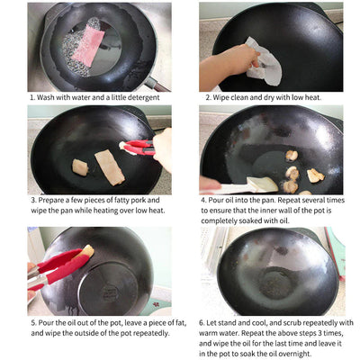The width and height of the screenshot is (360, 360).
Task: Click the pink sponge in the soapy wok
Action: tap(87, 45)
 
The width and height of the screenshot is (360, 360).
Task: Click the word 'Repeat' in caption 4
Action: tap(294, 200)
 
